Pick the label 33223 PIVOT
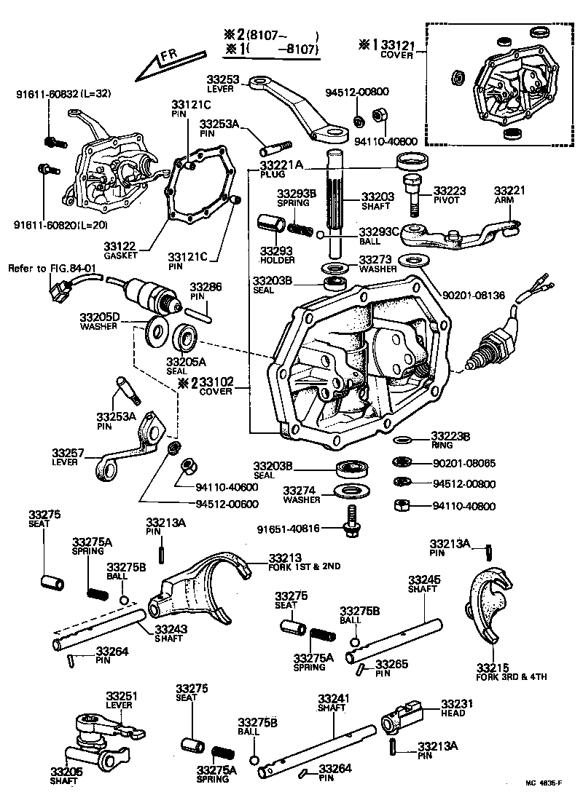click(450, 194)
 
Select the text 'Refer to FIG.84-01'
click(52, 268)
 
